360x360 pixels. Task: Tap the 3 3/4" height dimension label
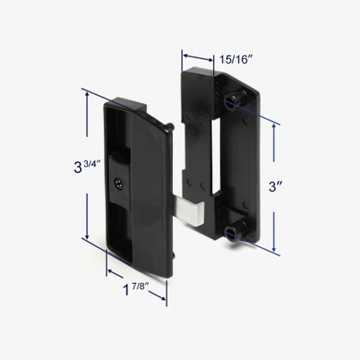tap(87, 167)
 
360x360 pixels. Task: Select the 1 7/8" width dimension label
tap(136, 288)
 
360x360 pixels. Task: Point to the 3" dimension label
tap(275, 186)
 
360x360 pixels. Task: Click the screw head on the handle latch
tap(119, 183)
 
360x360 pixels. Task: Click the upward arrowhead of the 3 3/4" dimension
tap(87, 95)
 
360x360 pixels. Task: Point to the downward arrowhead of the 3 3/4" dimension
tap(87, 236)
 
